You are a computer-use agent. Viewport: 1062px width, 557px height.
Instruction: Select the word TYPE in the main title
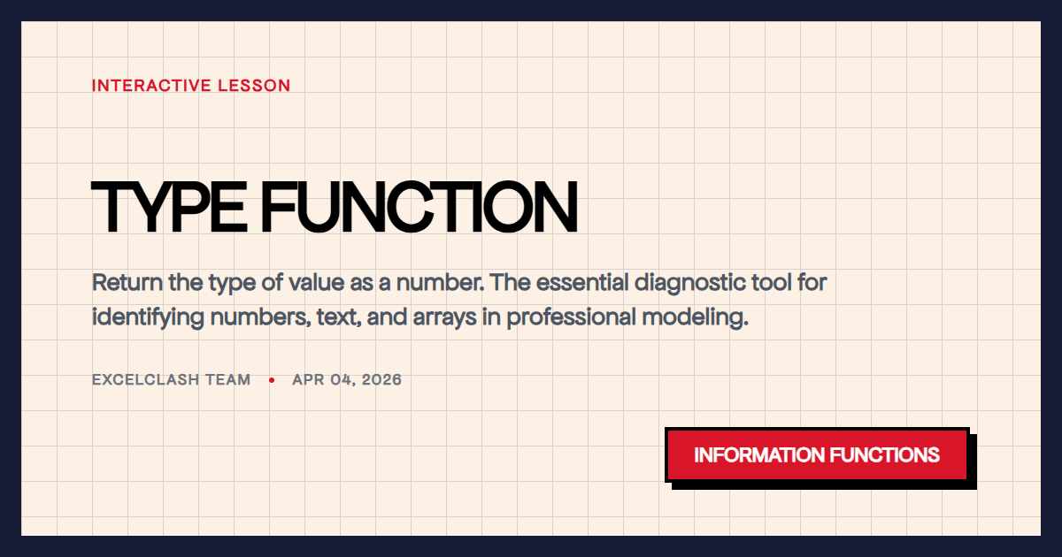[x=168, y=208]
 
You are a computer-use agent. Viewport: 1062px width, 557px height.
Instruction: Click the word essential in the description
[x=581, y=284]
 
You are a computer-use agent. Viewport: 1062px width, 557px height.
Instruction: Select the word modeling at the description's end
[x=704, y=317]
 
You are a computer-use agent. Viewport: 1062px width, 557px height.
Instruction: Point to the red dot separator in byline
[x=272, y=380]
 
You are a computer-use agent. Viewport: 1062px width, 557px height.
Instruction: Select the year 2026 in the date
[x=381, y=380]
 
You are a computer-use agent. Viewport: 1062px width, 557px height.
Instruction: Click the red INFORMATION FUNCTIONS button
[x=816, y=455]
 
